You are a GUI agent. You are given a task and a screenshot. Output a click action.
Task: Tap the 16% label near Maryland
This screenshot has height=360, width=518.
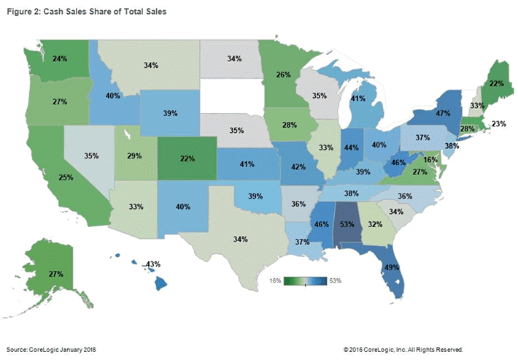point(430,159)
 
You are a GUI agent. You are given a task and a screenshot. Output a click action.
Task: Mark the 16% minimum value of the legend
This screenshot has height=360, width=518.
point(276,280)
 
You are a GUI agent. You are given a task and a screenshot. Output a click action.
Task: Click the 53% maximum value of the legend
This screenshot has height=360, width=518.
point(334,280)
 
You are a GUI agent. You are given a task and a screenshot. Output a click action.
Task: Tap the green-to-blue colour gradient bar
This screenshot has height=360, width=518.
point(305,280)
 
